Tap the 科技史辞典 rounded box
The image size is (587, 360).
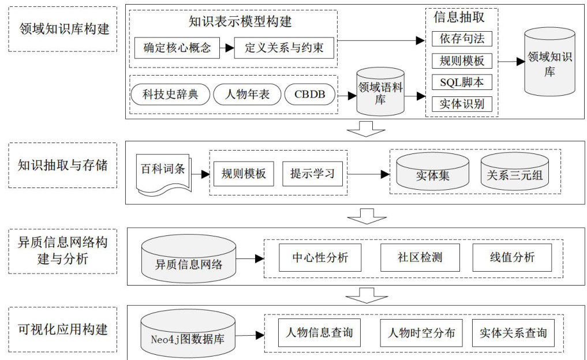170,94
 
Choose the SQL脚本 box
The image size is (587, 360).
462,82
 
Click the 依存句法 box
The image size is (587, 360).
462,39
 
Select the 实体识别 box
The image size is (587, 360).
462,104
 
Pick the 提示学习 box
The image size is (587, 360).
312,174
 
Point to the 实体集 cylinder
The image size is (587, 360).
432,174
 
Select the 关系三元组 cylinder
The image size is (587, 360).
514,174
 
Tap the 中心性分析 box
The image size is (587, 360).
320,257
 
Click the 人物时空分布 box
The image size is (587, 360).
421,333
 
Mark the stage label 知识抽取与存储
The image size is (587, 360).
63,166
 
